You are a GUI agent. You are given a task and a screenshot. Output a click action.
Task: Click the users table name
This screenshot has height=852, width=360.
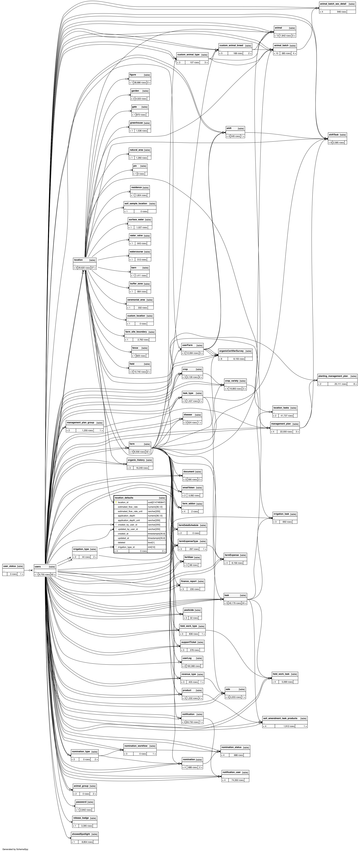38,567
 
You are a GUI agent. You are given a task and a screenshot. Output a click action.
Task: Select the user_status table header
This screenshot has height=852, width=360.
10,566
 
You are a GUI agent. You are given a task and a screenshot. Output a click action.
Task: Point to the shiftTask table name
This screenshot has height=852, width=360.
334,135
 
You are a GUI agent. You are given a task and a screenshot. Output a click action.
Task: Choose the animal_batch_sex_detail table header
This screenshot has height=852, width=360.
333,4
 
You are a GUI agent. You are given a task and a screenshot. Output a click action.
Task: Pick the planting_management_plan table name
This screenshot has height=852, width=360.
333,376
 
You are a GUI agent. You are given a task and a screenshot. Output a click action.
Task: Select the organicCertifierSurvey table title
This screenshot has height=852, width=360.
231,351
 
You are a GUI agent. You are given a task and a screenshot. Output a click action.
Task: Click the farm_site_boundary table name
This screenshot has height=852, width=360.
136,332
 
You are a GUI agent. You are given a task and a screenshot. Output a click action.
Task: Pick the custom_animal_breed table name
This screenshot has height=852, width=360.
231,45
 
